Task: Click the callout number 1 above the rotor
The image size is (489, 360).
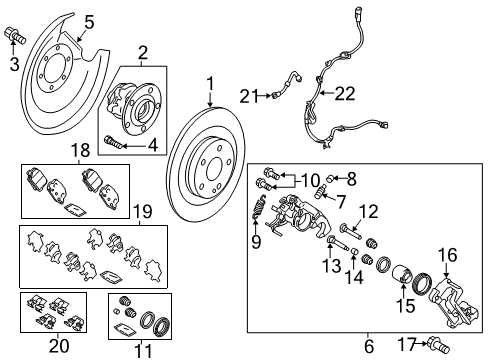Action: [210, 84]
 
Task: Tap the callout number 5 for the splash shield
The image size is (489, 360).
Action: [89, 23]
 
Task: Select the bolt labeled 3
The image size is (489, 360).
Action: [15, 36]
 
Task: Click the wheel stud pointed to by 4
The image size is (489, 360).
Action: [112, 143]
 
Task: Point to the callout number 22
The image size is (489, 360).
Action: [345, 94]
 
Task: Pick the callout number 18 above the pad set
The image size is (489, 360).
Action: [80, 150]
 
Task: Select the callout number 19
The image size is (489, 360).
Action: [143, 211]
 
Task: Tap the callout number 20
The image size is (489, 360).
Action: [59, 345]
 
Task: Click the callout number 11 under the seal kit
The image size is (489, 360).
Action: [143, 351]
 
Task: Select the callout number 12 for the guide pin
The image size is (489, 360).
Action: [369, 212]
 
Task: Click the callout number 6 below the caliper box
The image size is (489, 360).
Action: [369, 346]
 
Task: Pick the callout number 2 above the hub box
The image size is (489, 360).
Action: [143, 52]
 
